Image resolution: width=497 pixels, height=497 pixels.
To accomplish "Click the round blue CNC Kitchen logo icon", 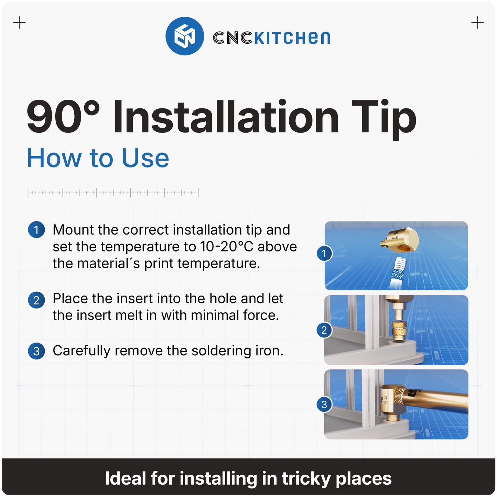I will click(185, 36).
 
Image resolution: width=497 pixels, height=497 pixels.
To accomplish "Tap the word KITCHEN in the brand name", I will click(292, 38).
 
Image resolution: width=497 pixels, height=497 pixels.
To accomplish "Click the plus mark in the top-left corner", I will click(19, 23).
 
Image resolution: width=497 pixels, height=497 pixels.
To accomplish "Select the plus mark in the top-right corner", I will click(477, 23).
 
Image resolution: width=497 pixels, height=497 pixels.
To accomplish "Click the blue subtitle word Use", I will click(145, 158).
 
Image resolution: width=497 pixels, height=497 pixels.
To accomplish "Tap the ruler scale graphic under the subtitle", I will click(114, 193).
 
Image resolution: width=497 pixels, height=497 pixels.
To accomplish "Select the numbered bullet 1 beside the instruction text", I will click(36, 230).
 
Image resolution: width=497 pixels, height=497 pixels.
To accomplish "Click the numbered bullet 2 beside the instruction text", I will click(36, 300).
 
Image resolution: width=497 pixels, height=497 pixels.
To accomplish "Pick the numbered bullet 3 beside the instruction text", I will click(36, 351).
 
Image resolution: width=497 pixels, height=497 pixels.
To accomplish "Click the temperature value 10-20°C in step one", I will click(226, 247).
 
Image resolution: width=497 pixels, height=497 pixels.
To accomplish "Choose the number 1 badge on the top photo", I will click(324, 254).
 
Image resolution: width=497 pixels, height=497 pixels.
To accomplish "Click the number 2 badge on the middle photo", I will click(324, 330).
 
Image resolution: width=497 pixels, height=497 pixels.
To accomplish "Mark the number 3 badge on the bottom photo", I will click(324, 404).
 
